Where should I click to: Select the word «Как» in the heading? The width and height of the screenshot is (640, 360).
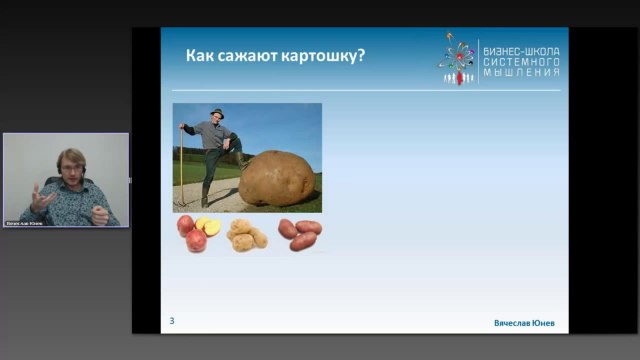pyautogui.click(x=199, y=55)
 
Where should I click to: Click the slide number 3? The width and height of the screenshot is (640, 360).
pyautogui.click(x=172, y=320)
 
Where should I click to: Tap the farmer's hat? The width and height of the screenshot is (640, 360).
pyautogui.click(x=218, y=112)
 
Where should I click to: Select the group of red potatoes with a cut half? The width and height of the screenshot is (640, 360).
pyautogui.click(x=198, y=233)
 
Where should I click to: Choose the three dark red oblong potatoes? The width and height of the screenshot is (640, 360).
pyautogui.click(x=300, y=233)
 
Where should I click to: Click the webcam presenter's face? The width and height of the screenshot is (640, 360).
pyautogui.click(x=68, y=166)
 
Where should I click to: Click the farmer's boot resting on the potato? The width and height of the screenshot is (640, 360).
pyautogui.click(x=239, y=160)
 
